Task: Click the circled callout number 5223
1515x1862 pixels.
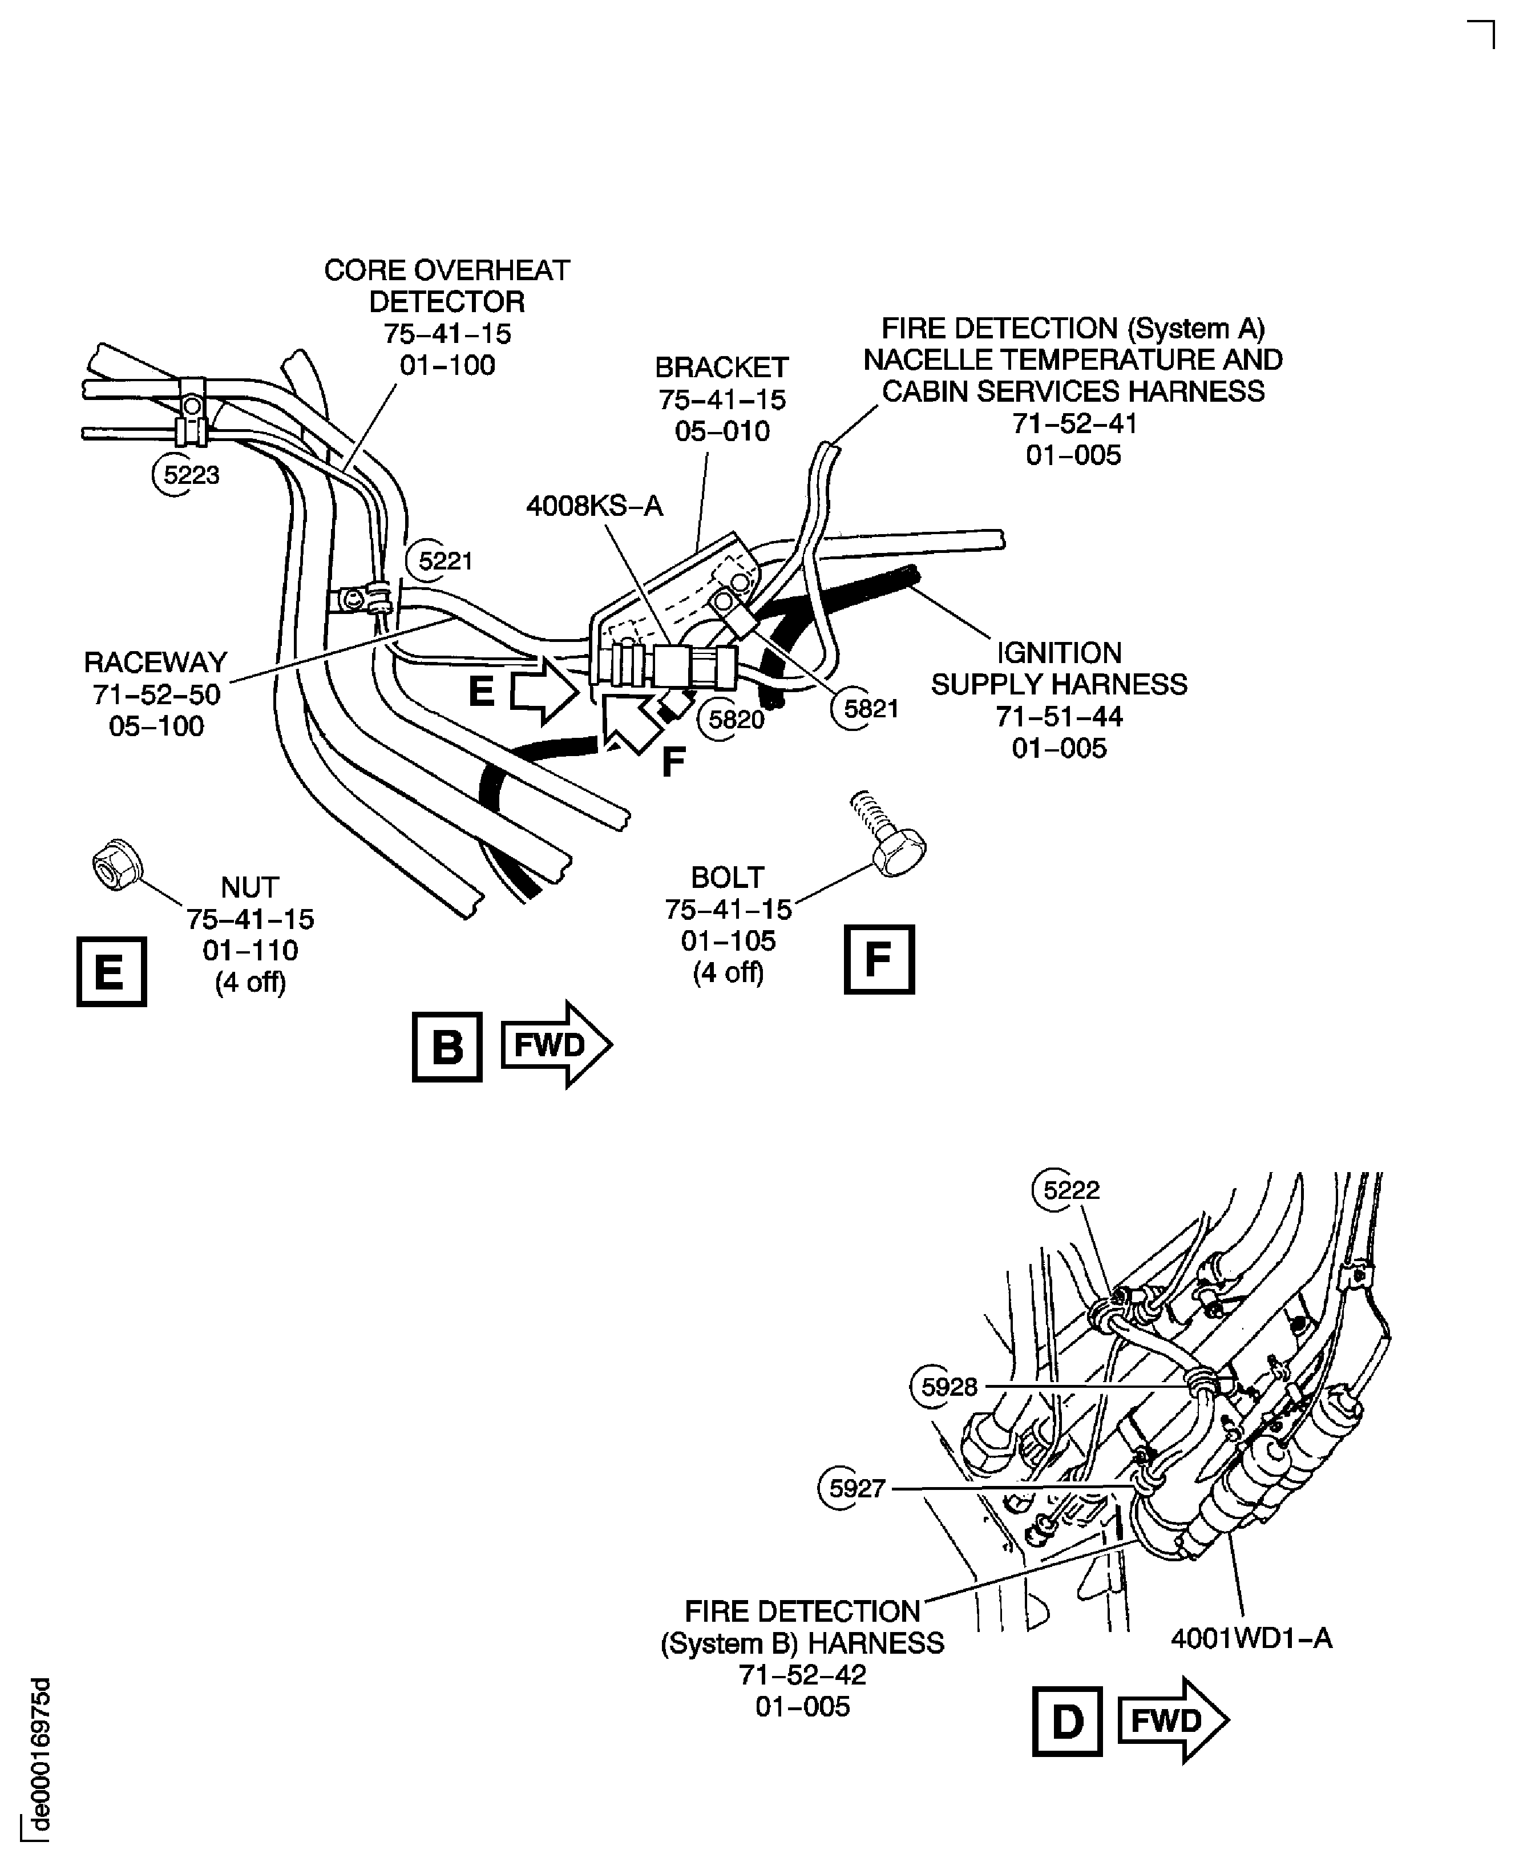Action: click(190, 475)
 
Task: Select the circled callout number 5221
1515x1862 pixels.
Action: click(445, 560)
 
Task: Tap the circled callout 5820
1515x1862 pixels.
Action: click(735, 719)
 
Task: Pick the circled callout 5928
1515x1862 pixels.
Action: click(948, 1387)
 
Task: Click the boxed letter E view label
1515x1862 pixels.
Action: click(111, 971)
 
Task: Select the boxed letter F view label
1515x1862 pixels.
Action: click(879, 959)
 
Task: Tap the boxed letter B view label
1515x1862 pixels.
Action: click(447, 1046)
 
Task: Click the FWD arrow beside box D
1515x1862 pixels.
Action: click(1172, 1720)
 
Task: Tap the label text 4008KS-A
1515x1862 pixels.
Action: click(595, 506)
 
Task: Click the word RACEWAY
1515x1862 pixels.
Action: click(155, 663)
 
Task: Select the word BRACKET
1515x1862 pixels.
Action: click(721, 367)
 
